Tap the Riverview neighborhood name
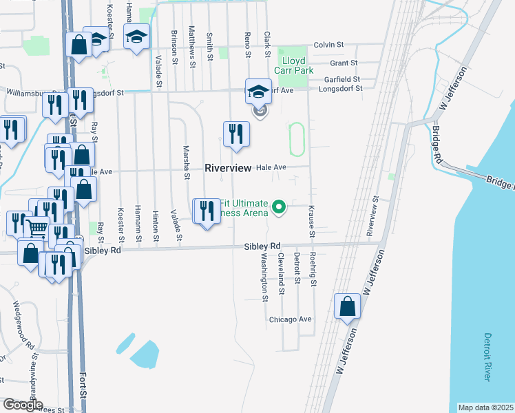coord(228,168)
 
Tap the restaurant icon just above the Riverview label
coord(236,134)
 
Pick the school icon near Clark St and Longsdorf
coord(258,92)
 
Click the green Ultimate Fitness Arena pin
coord(279,206)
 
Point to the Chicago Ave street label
coord(291,319)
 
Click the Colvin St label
coord(328,45)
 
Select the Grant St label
coord(344,63)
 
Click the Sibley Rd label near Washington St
coord(262,246)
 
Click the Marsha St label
coord(186,162)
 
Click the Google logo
coord(23,405)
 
